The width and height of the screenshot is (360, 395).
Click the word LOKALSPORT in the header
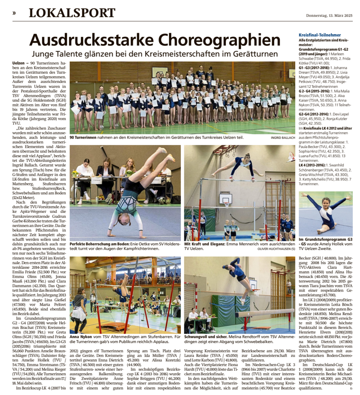(72, 13)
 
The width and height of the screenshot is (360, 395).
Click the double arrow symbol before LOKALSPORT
(14, 13)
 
